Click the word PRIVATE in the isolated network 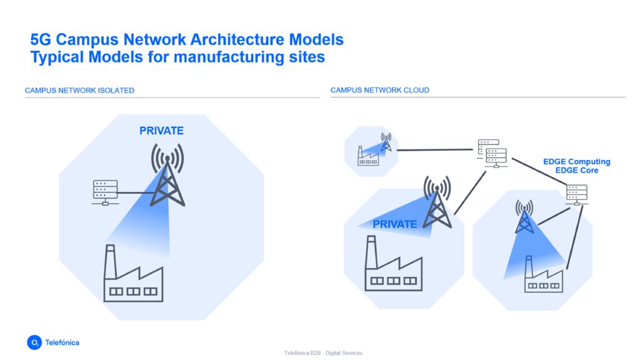point(161,131)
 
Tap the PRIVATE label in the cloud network point(394,224)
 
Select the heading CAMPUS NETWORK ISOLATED point(79,91)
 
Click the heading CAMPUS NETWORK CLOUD point(379,91)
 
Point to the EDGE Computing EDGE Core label point(576,166)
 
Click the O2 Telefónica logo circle point(34,342)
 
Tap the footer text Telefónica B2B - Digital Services point(323,353)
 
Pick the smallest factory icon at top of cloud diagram point(367,156)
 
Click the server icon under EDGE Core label point(576,194)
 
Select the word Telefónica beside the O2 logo point(62,342)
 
